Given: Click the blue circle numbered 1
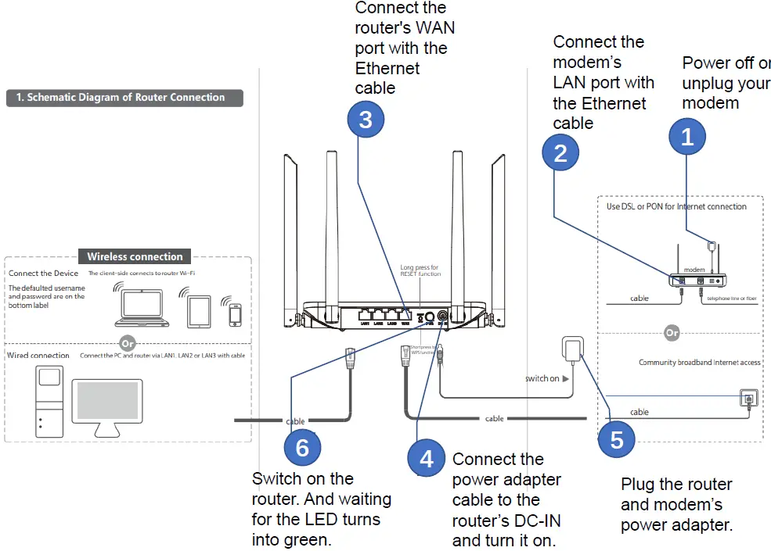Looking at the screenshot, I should (x=687, y=138).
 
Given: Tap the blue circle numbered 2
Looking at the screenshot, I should (x=560, y=152).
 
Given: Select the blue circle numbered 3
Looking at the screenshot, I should (x=366, y=120).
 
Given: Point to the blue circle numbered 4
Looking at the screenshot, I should (x=426, y=458).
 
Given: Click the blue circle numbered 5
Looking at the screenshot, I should (x=616, y=439).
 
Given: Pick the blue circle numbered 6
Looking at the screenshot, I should (x=302, y=448).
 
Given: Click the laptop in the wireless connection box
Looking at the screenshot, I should (x=141, y=306).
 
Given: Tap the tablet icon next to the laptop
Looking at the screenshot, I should (x=197, y=309).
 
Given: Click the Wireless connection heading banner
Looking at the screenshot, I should (x=135, y=256).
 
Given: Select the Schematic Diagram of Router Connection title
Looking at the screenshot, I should (x=125, y=98).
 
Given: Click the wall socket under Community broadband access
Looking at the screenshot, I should (x=748, y=398).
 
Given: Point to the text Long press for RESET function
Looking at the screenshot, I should (x=420, y=270).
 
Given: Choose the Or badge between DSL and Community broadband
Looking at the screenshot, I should (x=671, y=333).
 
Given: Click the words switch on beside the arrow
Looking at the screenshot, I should (x=542, y=378).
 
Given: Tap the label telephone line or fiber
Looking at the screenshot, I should (x=732, y=299).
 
